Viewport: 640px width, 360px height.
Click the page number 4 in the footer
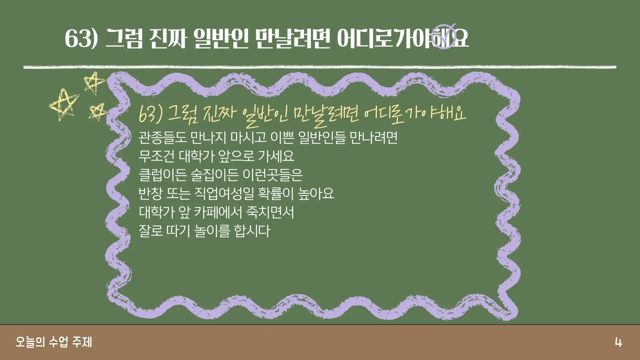(618, 342)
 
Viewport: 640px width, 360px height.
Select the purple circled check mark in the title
(444, 36)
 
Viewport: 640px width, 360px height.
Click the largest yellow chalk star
(64, 104)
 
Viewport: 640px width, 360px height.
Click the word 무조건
(156, 156)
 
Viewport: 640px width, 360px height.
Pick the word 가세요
(276, 156)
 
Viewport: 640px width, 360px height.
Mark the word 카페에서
(218, 212)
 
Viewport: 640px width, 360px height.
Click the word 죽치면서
(270, 212)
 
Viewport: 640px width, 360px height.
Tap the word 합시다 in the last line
(252, 231)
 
